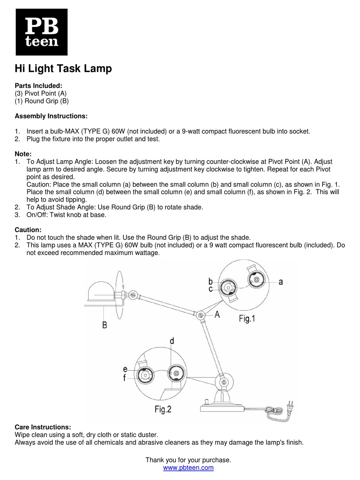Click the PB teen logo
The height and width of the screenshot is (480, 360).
coord(41,32)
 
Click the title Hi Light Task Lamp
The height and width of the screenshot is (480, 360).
coord(63,69)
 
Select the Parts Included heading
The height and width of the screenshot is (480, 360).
coord(38,86)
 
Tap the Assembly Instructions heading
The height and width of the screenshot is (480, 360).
coord(51,116)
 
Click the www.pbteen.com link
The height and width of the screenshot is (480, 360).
coord(188,468)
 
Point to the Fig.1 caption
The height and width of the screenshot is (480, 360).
coord(247,319)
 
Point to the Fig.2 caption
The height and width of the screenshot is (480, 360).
coord(163,409)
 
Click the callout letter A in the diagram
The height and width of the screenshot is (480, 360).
coord(217,314)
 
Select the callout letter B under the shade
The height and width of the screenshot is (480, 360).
coord(105,325)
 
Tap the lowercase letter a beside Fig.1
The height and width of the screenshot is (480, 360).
coord(280,281)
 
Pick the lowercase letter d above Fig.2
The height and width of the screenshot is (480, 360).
coord(172,341)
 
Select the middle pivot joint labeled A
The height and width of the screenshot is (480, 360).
coord(200,315)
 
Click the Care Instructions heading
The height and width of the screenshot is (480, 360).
coord(42,427)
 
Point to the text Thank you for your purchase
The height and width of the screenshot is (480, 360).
coord(188,460)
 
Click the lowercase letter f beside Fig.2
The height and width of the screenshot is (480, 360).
coord(124,378)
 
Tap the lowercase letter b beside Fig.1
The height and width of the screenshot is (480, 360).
coord(210,281)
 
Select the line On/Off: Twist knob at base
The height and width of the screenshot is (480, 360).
coord(66,215)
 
